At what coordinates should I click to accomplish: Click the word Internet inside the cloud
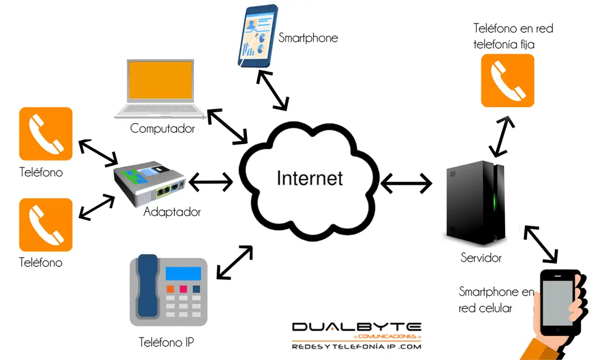[309, 178]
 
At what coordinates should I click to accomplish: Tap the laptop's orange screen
[160, 80]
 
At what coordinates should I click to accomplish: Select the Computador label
[162, 128]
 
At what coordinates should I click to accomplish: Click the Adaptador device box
[149, 183]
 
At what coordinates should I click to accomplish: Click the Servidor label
[481, 258]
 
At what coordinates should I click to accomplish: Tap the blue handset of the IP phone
[148, 286]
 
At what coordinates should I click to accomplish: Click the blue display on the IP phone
[183, 274]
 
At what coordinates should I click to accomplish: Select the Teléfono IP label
[166, 342]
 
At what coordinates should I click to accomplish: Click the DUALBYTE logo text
[357, 327]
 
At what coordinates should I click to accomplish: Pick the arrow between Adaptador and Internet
[211, 182]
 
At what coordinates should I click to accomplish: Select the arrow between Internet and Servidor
[406, 183]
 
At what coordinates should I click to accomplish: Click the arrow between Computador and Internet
[228, 127]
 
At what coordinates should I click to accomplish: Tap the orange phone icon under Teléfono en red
[507, 81]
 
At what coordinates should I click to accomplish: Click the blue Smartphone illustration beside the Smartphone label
[257, 36]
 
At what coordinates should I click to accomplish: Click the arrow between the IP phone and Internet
[235, 262]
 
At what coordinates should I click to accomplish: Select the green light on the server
[495, 200]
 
